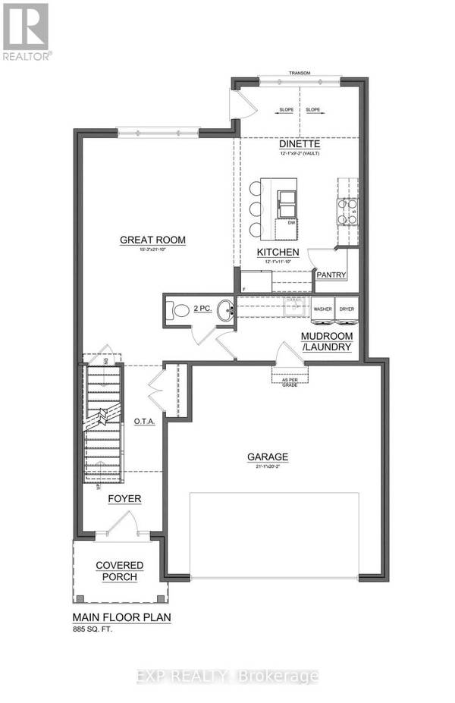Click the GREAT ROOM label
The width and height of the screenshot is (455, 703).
pyautogui.click(x=152, y=240)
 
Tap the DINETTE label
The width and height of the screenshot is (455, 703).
pyautogui.click(x=298, y=143)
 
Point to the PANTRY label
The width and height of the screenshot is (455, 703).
pyautogui.click(x=331, y=275)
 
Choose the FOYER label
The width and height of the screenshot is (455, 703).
pyautogui.click(x=124, y=498)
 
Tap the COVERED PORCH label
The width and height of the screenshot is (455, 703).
pyautogui.click(x=116, y=571)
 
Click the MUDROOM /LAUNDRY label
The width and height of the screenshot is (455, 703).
pyautogui.click(x=326, y=341)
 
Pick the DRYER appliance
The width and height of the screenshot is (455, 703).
pyautogui.click(x=347, y=310)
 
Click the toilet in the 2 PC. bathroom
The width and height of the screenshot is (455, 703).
pyautogui.click(x=180, y=310)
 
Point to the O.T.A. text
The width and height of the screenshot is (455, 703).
pyautogui.click(x=144, y=422)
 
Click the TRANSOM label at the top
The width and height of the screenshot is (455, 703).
pyautogui.click(x=300, y=74)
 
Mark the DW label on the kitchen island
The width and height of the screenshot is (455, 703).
pyautogui.click(x=290, y=222)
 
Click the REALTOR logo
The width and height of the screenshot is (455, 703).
pyautogui.click(x=27, y=31)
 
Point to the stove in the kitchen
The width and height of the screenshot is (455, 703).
pyautogui.click(x=347, y=212)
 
